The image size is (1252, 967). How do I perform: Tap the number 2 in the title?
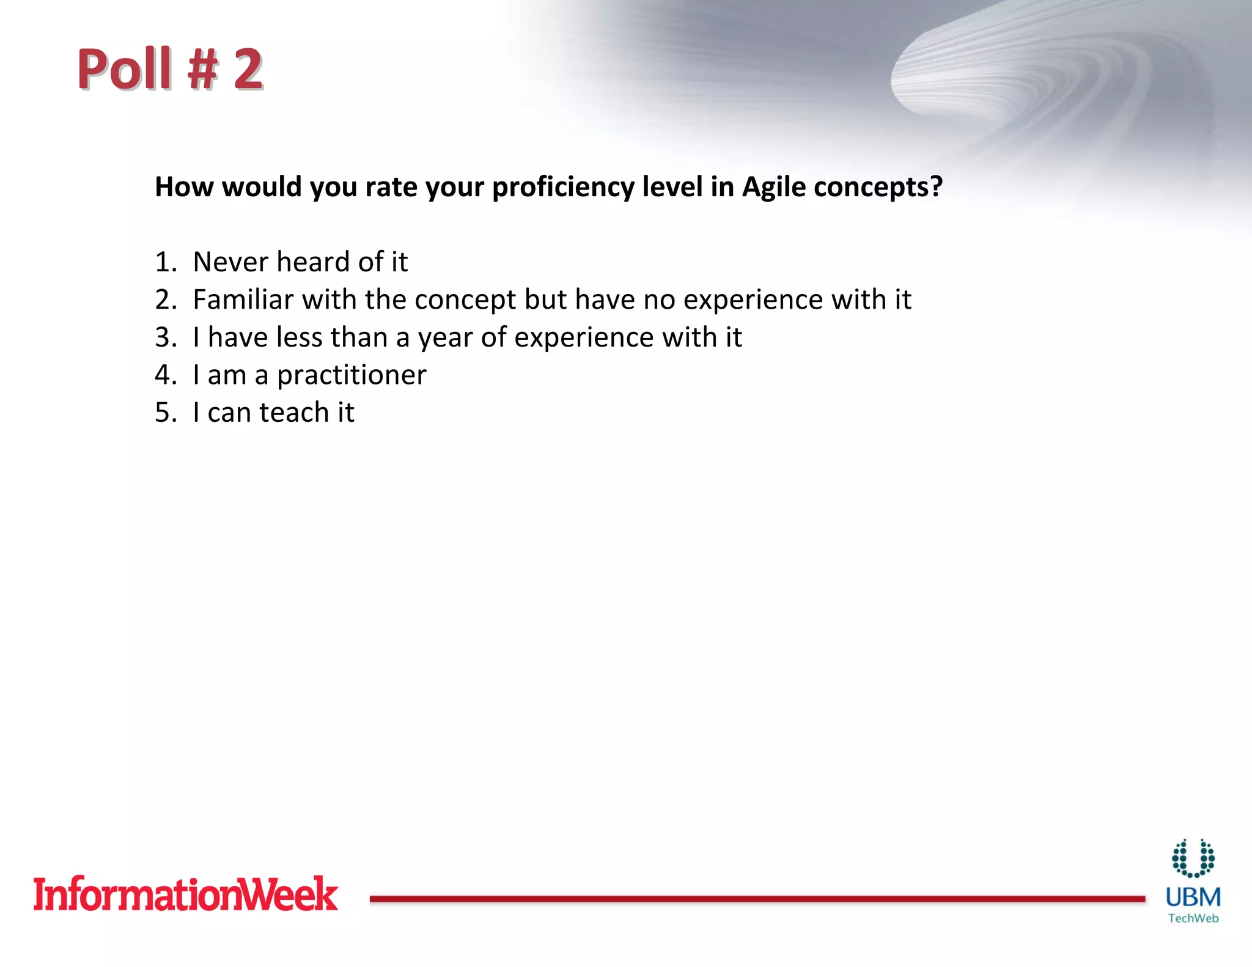pyautogui.click(x=248, y=69)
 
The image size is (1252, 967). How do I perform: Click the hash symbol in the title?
pyautogui.click(x=202, y=69)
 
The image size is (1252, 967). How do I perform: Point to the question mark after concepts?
pyautogui.click(x=936, y=186)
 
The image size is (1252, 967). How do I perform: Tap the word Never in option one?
pyautogui.click(x=230, y=262)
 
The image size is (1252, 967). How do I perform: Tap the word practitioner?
pyautogui.click(x=352, y=376)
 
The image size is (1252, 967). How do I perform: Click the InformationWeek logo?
pyautogui.click(x=185, y=894)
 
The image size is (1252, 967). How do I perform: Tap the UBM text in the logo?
pyautogui.click(x=1193, y=897)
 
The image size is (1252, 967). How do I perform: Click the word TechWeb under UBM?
pyautogui.click(x=1193, y=918)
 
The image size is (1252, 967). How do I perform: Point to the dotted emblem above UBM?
pyautogui.click(x=1193, y=858)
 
